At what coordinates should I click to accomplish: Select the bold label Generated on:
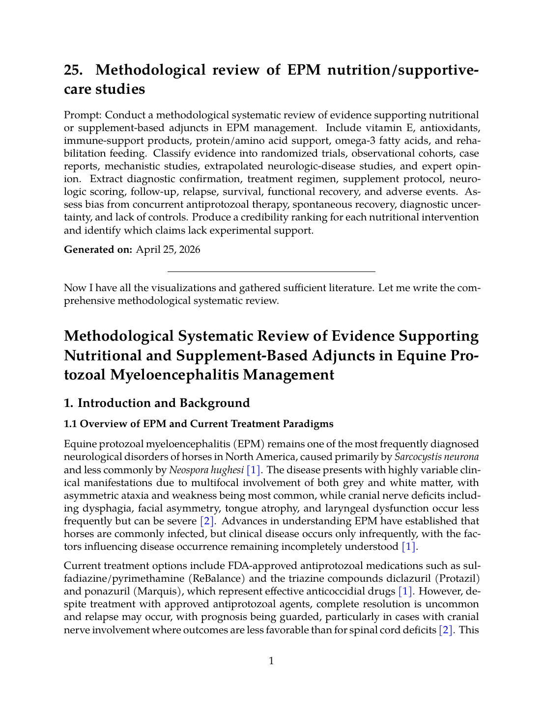click(98, 249)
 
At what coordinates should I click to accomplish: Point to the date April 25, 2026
click(168, 249)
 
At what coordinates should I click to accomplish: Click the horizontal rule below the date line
click(271, 271)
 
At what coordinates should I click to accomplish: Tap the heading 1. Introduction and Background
click(157, 403)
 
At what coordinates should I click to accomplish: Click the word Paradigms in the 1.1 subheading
click(308, 424)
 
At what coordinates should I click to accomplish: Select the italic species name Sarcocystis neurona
click(436, 457)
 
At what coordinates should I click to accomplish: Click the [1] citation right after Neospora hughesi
click(253, 470)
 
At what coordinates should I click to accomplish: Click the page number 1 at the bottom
click(271, 661)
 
